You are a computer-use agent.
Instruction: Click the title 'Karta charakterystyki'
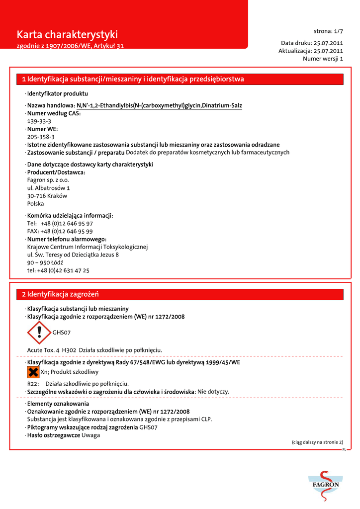point(67,34)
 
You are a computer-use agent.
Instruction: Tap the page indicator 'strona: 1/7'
point(328,31)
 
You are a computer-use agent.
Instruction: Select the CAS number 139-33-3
point(39,121)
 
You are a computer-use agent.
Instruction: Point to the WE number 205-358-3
point(41,137)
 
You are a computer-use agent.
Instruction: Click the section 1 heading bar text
point(133,79)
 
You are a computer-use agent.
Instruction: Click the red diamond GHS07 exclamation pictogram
point(39,332)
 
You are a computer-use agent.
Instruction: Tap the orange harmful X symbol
point(33,372)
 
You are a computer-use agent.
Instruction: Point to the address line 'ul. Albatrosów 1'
point(48,188)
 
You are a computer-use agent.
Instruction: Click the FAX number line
point(60,231)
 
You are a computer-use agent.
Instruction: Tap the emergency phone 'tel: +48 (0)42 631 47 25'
point(58,270)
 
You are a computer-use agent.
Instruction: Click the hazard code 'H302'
point(69,350)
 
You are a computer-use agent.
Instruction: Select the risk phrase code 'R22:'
point(33,384)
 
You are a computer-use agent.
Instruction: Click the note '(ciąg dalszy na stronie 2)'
point(317,442)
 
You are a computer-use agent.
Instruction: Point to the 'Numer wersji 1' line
point(323,59)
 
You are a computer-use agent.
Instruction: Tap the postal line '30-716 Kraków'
point(47,196)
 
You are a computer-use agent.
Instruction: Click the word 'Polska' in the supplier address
point(35,204)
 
